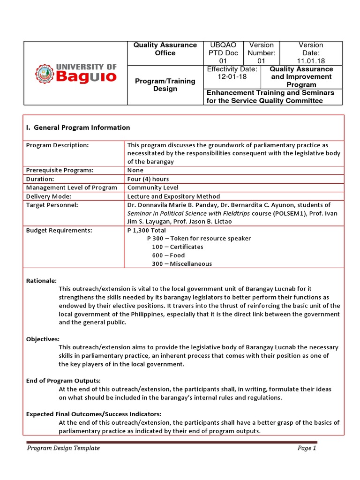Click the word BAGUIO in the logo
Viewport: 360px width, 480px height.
pyautogui.click(x=86, y=76)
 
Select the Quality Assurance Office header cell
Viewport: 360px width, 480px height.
pyautogui.click(x=165, y=49)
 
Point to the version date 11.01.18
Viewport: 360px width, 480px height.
pyautogui.click(x=311, y=61)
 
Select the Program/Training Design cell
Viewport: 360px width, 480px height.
pyautogui.click(x=165, y=85)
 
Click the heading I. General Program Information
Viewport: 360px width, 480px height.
pyautogui.click(x=78, y=127)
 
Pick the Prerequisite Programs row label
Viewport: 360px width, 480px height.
pyautogui.click(x=60, y=170)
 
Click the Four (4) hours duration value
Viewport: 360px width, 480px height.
pyautogui.click(x=148, y=179)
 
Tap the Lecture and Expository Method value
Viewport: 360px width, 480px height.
pyautogui.click(x=173, y=196)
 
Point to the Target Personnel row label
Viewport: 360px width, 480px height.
pyautogui.click(x=52, y=205)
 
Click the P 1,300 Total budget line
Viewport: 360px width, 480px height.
pyautogui.click(x=146, y=230)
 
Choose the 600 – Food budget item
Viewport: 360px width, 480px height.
pyautogui.click(x=168, y=255)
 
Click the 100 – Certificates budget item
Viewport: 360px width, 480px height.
pyautogui.click(x=178, y=247)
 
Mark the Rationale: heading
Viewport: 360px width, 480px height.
pyautogui.click(x=41, y=280)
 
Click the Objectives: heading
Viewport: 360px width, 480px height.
pyautogui.click(x=43, y=338)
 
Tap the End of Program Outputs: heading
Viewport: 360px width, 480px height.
pyautogui.click(x=63, y=381)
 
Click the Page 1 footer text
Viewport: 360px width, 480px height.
pyautogui.click(x=307, y=448)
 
